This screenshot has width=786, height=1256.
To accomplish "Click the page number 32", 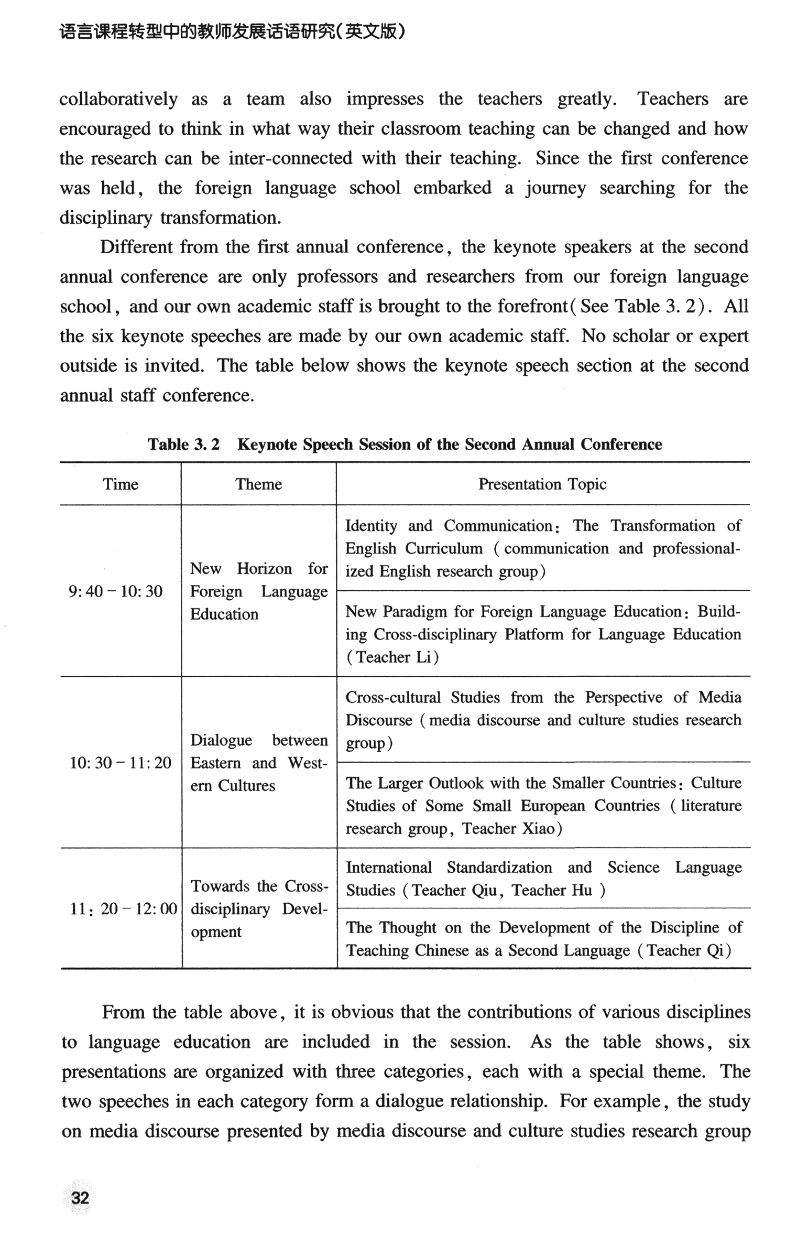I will click(x=80, y=1198).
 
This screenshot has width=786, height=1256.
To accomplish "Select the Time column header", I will click(x=121, y=484).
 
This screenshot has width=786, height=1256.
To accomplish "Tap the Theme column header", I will click(x=258, y=484).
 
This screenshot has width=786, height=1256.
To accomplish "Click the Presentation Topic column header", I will click(x=542, y=484).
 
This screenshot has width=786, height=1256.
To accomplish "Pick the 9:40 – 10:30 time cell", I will click(x=116, y=591).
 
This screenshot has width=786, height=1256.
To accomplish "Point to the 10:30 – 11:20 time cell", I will click(x=121, y=763).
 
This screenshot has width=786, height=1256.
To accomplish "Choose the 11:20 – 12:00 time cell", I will click(x=124, y=908).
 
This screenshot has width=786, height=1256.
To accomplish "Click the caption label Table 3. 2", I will click(x=183, y=445).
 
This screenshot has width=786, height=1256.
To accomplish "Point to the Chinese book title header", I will click(x=233, y=33).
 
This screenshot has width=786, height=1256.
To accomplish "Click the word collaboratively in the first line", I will click(x=118, y=99).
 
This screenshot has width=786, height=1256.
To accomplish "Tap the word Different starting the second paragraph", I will click(x=136, y=247).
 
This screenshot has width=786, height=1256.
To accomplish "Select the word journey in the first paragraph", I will click(x=556, y=188).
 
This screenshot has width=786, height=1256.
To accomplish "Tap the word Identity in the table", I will click(x=371, y=525).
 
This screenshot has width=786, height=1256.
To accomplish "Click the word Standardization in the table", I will click(x=499, y=868).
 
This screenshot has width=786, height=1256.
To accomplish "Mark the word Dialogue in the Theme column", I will click(x=221, y=740).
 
